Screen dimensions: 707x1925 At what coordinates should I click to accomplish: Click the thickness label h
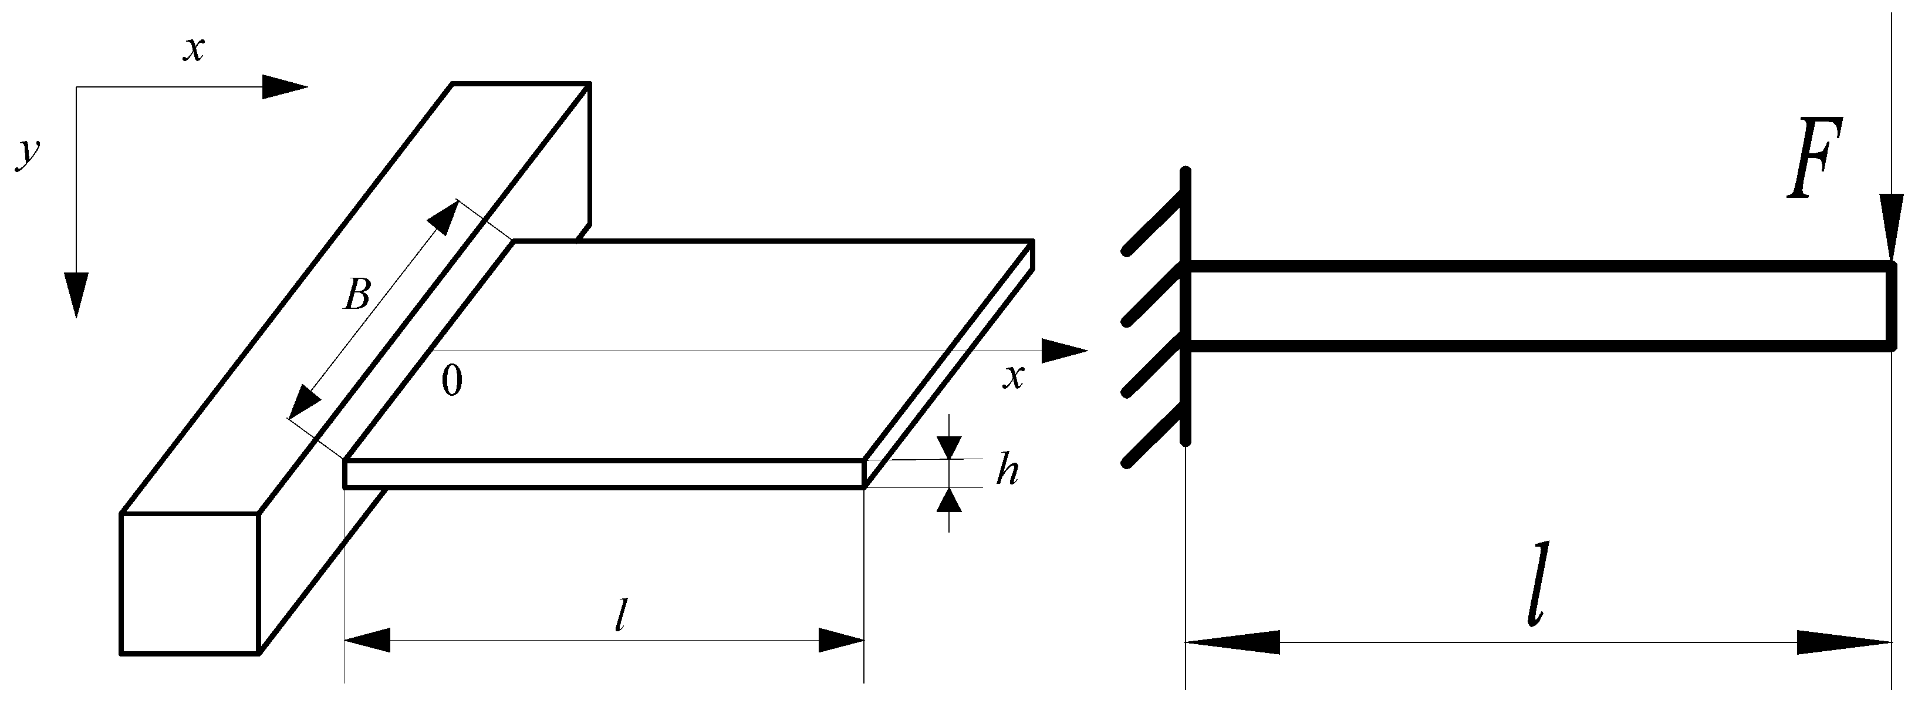click(1007, 471)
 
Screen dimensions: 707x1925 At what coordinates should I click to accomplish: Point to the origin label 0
click(451, 381)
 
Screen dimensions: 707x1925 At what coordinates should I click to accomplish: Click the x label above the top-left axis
click(194, 49)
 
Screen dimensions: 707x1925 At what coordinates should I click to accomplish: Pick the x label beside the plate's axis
click(1012, 376)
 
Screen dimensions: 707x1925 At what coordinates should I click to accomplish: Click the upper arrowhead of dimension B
click(443, 217)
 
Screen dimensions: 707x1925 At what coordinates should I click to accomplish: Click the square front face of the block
click(190, 583)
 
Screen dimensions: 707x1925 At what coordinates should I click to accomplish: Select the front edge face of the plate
click(604, 474)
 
